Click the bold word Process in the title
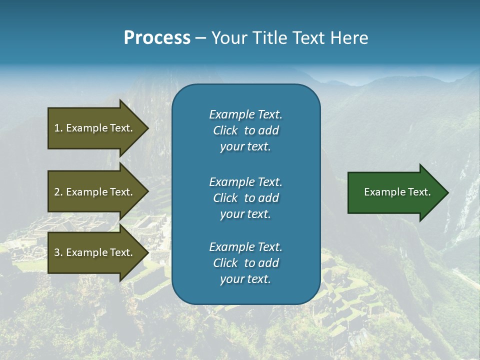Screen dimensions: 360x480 click(x=157, y=38)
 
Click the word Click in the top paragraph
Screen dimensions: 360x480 click(x=225, y=131)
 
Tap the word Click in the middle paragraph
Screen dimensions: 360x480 click(x=225, y=198)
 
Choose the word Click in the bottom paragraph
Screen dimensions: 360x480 click(x=225, y=263)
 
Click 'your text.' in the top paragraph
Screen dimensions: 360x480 click(x=245, y=147)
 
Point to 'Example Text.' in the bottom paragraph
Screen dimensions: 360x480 click(x=245, y=247)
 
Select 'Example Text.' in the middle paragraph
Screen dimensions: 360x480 click(x=245, y=182)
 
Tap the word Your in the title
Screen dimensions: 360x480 click(x=228, y=38)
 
